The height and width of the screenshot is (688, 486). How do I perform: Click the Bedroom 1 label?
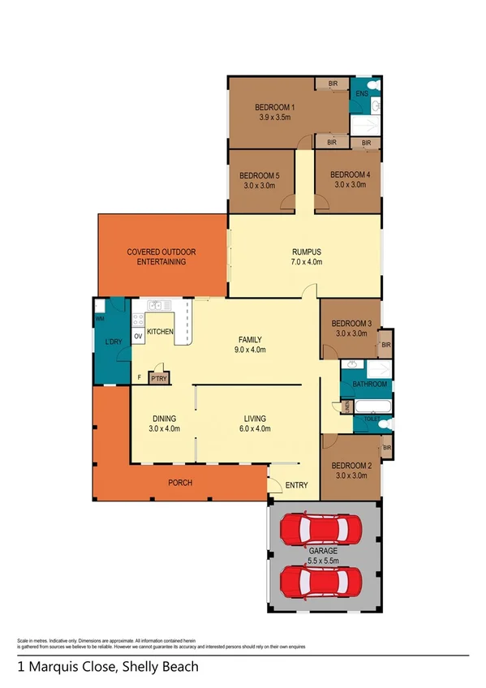(x=276, y=107)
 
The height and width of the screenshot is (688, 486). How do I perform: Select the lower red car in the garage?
(x=322, y=582)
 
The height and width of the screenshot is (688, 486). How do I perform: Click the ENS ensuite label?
(x=362, y=94)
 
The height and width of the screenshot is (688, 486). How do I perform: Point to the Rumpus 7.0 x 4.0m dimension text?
(x=308, y=262)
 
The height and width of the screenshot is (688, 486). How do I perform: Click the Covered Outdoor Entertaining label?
(x=161, y=256)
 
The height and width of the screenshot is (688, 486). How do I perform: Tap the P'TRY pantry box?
(x=159, y=377)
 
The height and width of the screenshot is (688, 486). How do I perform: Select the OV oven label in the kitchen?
(x=138, y=336)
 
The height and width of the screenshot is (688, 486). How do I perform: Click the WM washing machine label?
(x=100, y=319)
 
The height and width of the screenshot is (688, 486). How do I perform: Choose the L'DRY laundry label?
(x=113, y=343)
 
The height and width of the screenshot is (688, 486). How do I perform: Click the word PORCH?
(x=180, y=484)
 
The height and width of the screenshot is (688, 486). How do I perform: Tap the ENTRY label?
(x=296, y=485)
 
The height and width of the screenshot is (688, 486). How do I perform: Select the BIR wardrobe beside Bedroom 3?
(x=385, y=345)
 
